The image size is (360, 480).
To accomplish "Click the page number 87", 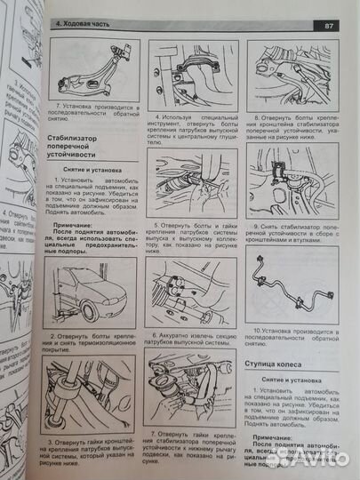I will [329, 27].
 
